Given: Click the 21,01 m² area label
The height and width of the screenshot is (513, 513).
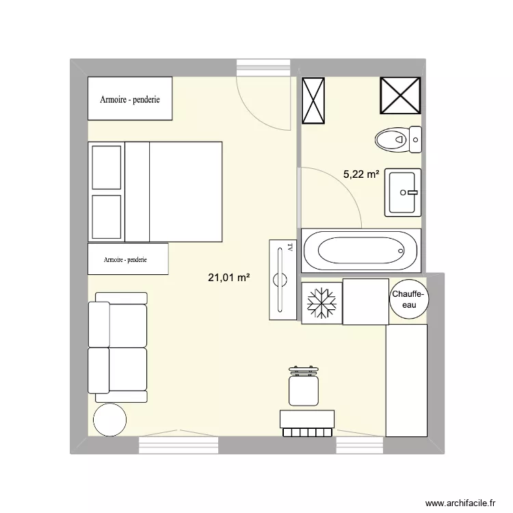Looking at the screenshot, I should click(x=228, y=277).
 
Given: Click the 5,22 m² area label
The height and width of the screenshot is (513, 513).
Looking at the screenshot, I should click(x=361, y=174).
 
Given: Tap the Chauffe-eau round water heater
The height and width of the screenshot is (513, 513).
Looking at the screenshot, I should click(x=408, y=299).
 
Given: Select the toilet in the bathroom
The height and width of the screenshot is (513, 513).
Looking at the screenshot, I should click(x=399, y=140).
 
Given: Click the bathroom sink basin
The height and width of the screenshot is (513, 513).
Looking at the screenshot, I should click(x=404, y=192).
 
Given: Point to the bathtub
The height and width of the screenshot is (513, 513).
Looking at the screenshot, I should click(x=360, y=251).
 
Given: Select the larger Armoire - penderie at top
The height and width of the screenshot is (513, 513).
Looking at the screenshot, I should click(x=130, y=99).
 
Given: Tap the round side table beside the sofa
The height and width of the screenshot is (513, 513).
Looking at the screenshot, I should click(x=109, y=419).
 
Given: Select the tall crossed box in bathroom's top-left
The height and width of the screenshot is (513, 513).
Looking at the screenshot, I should click(x=314, y=101).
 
